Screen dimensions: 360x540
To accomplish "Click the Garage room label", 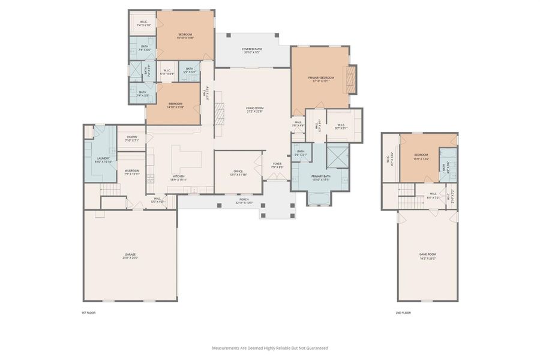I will click(130, 256).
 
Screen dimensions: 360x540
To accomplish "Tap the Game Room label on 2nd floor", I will click(427, 255).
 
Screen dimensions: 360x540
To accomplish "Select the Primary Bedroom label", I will click(322, 79).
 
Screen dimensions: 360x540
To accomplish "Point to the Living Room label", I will click(254, 109).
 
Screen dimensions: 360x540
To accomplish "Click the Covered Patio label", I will click(251, 50).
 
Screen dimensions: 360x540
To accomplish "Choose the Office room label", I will click(238, 173).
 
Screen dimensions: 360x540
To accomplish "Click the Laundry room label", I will click(104, 160).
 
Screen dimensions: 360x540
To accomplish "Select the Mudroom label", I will click(132, 171).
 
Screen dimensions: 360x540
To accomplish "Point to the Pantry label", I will click(132, 138).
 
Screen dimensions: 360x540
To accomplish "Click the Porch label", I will click(244, 200).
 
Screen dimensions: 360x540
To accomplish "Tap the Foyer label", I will click(277, 165).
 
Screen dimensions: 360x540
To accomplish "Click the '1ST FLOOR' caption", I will click(88, 313).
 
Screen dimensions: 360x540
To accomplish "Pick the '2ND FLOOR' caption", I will click(403, 313).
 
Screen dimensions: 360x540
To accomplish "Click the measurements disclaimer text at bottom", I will click(269, 348).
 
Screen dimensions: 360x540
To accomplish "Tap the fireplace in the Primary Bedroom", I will click(353, 79).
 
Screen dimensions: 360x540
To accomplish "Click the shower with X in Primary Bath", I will click(337, 156).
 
